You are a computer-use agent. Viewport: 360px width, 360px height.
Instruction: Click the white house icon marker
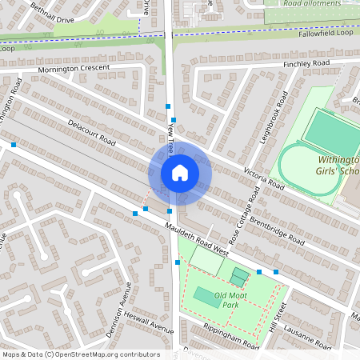click(180, 172)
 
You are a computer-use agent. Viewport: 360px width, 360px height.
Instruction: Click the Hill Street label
click(279, 318)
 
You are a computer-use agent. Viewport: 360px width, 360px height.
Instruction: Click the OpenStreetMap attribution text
click(80, 354)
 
